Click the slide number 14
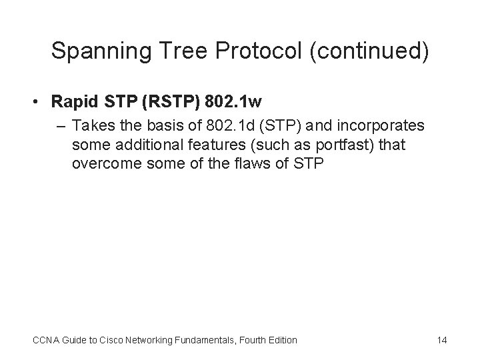click(441, 340)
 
